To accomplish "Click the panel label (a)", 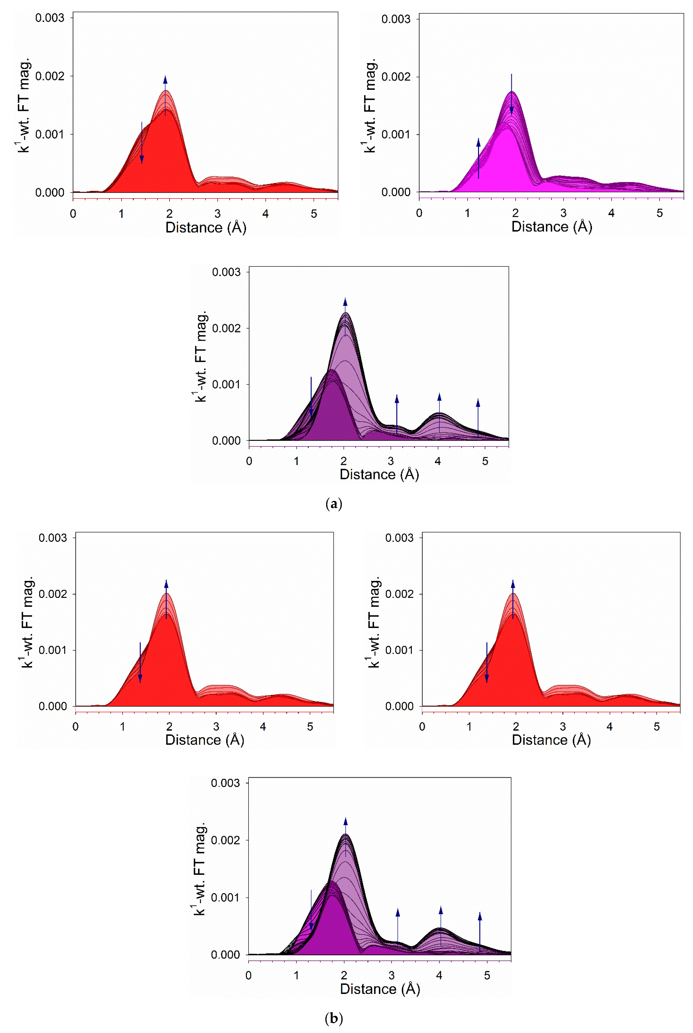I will click(334, 504).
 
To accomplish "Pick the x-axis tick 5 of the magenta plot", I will click(659, 213).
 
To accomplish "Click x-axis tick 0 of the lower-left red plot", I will click(76, 727).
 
